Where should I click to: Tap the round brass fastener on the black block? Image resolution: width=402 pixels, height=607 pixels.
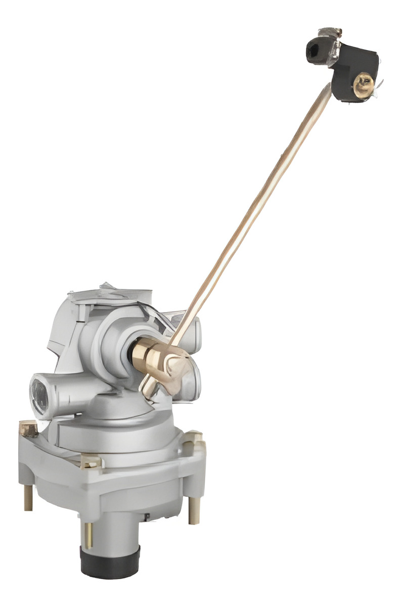click(x=363, y=84)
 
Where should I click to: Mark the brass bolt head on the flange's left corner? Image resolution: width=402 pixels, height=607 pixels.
click(x=29, y=429)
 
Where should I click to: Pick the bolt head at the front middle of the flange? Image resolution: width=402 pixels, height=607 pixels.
click(x=91, y=461)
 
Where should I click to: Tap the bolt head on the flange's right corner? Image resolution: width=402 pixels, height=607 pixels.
click(x=194, y=438)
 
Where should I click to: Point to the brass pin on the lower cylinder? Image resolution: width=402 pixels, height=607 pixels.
click(x=88, y=534)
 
